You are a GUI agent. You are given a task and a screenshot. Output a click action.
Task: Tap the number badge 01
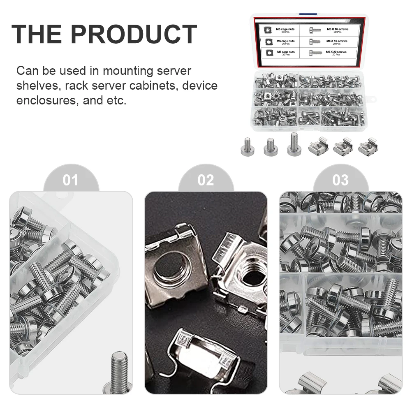click(x=70, y=180)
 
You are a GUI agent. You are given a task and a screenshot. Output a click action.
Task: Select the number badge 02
click(x=206, y=180)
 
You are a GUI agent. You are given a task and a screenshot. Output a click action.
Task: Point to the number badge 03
click(x=340, y=180)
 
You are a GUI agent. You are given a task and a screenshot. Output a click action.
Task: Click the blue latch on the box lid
click(x=305, y=15)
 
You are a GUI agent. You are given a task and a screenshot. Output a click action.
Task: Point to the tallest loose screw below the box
click(x=293, y=144)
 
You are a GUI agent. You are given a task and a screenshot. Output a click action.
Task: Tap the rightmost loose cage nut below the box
click(x=367, y=146)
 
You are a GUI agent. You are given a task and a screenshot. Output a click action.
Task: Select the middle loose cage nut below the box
click(x=342, y=146)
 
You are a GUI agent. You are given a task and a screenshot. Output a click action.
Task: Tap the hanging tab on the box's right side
click(x=372, y=99)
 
